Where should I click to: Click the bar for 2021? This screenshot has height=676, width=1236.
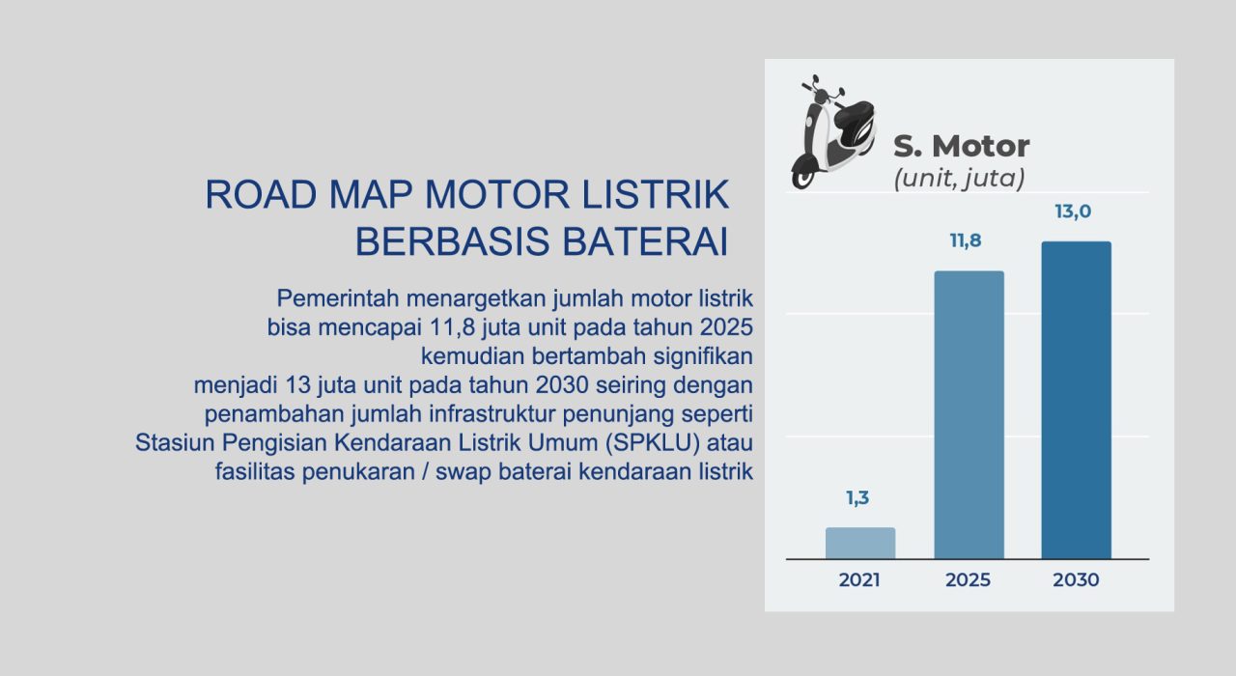(860, 543)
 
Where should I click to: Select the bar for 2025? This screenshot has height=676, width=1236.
(969, 414)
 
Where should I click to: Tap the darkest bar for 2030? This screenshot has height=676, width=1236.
(1077, 400)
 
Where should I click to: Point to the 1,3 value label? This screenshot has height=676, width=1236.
(857, 497)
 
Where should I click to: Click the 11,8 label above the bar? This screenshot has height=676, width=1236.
(966, 240)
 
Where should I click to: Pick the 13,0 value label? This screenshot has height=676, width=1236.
(1073, 211)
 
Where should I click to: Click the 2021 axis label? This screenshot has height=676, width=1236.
(859, 580)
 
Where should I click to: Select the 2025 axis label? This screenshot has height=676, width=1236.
(968, 580)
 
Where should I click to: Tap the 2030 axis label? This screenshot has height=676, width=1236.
(1076, 580)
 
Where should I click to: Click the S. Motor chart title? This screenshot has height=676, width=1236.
(961, 146)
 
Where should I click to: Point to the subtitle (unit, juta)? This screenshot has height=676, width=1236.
(959, 179)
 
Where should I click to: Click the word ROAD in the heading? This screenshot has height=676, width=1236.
(261, 194)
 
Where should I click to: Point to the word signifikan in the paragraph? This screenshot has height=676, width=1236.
(702, 356)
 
